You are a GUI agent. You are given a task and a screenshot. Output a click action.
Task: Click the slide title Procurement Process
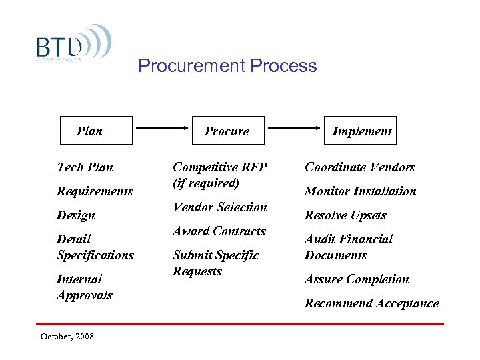(x=227, y=66)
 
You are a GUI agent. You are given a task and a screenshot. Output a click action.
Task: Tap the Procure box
(x=227, y=131)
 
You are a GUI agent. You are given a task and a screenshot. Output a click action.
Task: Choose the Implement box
(x=362, y=131)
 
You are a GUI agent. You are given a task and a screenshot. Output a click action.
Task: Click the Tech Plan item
(x=85, y=167)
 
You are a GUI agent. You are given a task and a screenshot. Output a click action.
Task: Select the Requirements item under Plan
(x=95, y=191)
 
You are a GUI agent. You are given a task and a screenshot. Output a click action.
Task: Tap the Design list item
(x=76, y=215)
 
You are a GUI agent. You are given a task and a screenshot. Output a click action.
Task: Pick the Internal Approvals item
(x=85, y=287)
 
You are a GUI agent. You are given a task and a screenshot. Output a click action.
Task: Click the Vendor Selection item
(x=219, y=207)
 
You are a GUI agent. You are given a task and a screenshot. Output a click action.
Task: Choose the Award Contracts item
(x=219, y=231)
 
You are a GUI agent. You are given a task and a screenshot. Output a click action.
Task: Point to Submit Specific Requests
(x=216, y=263)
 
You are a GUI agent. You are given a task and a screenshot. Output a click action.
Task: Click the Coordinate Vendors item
(x=360, y=167)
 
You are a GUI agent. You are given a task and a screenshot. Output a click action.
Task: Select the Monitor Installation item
(x=360, y=191)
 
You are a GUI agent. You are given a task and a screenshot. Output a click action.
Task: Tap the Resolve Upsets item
(x=345, y=215)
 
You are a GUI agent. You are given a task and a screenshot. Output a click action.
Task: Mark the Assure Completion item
(x=357, y=279)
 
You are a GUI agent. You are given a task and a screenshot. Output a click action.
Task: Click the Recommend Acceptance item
(x=372, y=303)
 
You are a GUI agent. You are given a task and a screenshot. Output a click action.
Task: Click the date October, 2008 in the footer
(x=67, y=336)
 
